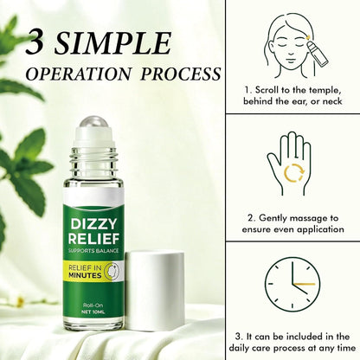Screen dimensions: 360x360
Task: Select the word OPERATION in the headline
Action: click(x=79, y=74)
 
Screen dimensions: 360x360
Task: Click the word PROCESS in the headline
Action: click(x=181, y=74)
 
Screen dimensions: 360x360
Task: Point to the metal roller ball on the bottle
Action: click(x=93, y=122)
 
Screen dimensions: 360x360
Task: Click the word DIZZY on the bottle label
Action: click(x=93, y=224)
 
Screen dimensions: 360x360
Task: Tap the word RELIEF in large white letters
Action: click(x=93, y=239)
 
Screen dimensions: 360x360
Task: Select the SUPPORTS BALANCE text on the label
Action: click(x=93, y=250)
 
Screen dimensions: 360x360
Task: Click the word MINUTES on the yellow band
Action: click(x=85, y=275)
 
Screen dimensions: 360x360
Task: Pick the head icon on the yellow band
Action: click(x=112, y=271)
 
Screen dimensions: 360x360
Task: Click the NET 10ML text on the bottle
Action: click(x=93, y=312)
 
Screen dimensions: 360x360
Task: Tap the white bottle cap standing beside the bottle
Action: click(x=155, y=291)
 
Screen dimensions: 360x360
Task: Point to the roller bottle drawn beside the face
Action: click(x=318, y=55)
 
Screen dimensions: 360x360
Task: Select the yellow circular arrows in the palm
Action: click(x=294, y=173)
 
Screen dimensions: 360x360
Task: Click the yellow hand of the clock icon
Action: click(x=304, y=284)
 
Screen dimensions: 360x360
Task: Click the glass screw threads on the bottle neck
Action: click(x=93, y=158)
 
